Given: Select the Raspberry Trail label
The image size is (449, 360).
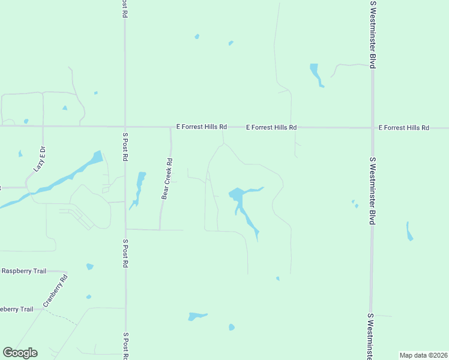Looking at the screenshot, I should [x=24, y=271].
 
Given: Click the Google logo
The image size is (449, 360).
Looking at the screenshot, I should [x=20, y=352].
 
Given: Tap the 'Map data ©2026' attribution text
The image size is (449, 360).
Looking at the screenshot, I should [x=423, y=355].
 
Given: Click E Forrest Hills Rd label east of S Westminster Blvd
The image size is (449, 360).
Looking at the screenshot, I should [x=404, y=128].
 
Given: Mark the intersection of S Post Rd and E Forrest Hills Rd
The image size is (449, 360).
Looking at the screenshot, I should [x=125, y=127].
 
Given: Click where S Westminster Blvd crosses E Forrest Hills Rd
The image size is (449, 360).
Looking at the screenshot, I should [x=372, y=127].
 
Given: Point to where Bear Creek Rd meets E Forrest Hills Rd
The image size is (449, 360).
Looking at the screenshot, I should [x=170, y=127].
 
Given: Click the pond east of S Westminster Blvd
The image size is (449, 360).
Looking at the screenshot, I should [x=409, y=232].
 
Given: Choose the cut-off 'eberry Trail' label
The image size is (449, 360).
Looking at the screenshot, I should [x=17, y=309].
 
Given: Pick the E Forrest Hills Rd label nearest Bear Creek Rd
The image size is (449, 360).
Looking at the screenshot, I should [x=202, y=127].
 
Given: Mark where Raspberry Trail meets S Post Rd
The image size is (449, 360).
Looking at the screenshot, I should [x=125, y=271].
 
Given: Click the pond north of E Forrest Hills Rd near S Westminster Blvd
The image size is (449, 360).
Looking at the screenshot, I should [x=316, y=74].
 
